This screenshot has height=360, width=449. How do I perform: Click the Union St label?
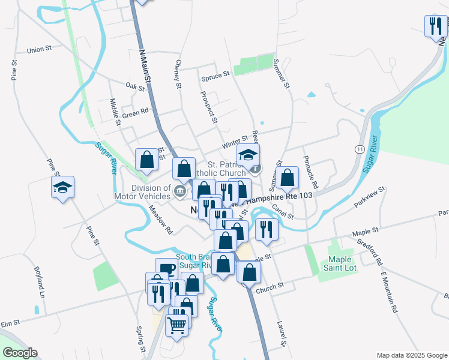[x=40, y=50]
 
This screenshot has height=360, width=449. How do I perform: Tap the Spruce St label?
[x=215, y=76]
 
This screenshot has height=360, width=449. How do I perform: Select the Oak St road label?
[x=136, y=87]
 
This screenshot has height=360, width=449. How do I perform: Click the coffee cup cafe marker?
[x=166, y=268]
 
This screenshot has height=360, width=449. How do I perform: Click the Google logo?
[x=20, y=353]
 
